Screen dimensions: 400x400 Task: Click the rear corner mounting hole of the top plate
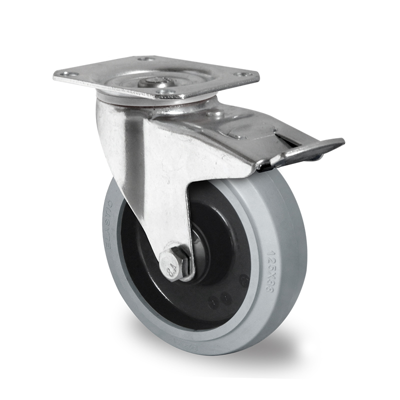coord(146,59)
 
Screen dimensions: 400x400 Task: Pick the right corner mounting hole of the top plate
coord(245,74)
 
